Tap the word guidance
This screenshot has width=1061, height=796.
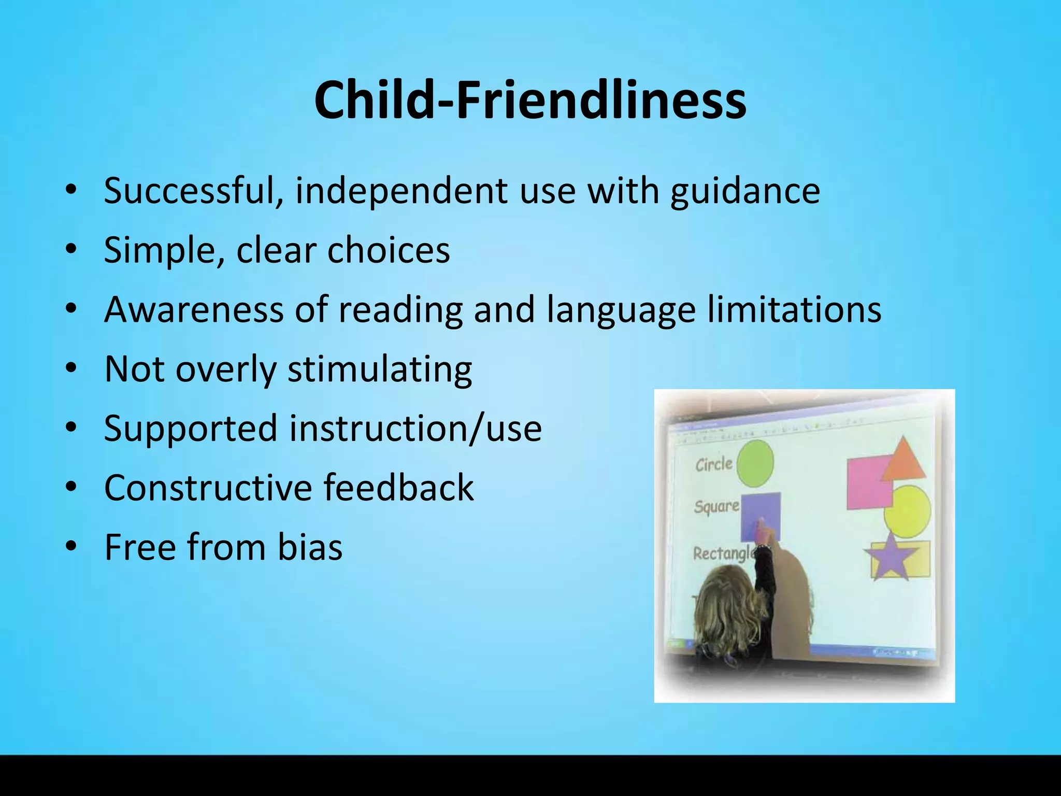pos(745,191)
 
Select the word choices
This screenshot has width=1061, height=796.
pos(389,250)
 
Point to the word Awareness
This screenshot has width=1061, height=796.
pos(194,309)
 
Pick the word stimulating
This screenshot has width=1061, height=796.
pos(380,369)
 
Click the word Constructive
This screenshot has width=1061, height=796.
pos(208,488)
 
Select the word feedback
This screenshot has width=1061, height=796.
pos(398,488)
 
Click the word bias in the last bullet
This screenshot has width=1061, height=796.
pos(310,547)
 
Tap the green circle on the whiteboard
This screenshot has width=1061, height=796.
pos(755,463)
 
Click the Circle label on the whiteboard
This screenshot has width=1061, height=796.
pos(713,464)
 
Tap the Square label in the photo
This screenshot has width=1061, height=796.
pos(716,506)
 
